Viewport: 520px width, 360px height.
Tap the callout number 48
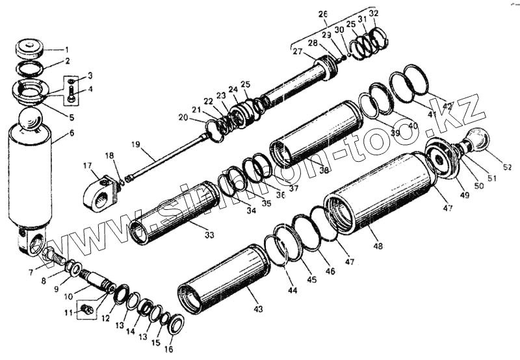(x=379, y=246)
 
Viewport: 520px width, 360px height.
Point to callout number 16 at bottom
(x=168, y=350)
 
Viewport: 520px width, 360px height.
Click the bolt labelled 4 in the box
(x=71, y=97)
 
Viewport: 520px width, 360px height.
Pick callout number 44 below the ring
(x=292, y=291)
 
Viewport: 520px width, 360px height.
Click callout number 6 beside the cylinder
(x=71, y=133)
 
